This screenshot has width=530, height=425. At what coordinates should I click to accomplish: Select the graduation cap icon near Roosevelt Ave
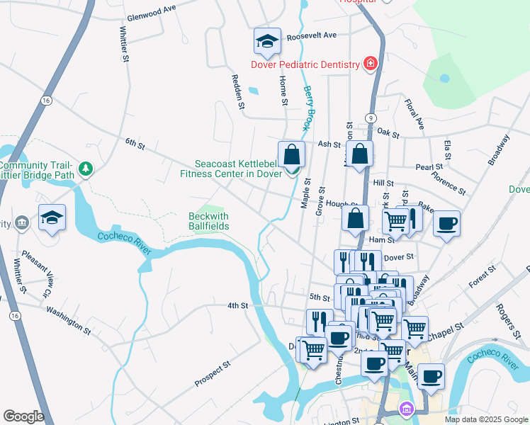tap(268, 41)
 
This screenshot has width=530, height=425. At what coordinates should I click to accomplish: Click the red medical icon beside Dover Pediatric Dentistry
tap(370, 64)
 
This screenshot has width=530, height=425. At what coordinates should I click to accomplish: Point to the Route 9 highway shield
tap(371, 117)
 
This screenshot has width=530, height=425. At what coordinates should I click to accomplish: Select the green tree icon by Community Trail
tap(86, 169)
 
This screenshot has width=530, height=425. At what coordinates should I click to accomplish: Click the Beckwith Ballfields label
tap(210, 221)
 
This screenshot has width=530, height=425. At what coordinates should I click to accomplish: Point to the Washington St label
tap(69, 320)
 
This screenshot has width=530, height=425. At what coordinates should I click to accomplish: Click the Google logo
tap(24, 416)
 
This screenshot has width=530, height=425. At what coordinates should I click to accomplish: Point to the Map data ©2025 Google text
tap(485, 419)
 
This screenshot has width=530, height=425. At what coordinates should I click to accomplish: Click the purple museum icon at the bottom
tap(405, 409)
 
